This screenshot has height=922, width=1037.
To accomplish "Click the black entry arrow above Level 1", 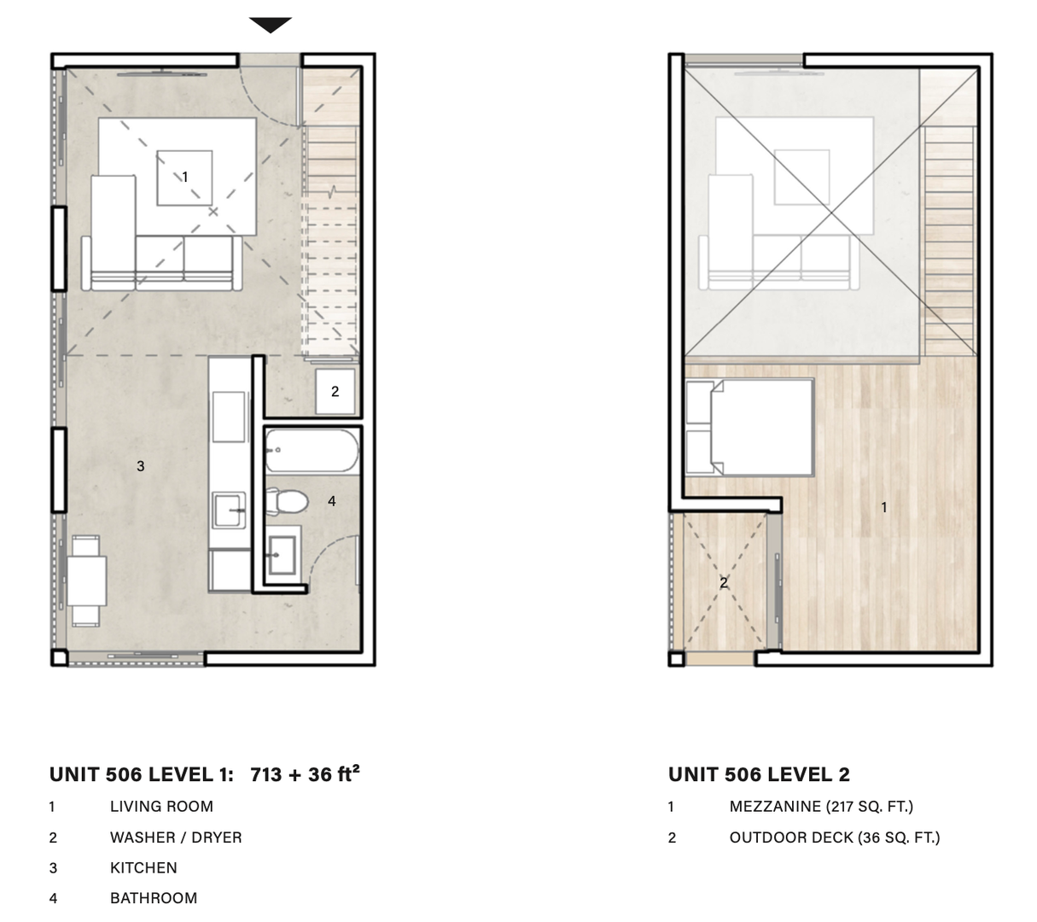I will [x=271, y=25].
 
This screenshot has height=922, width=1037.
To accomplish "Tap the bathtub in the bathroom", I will [x=312, y=451].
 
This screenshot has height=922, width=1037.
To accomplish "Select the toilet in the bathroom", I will [x=286, y=501].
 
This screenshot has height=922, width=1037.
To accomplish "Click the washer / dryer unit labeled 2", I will [x=335, y=392].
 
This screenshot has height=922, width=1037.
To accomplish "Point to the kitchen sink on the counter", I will [x=228, y=511].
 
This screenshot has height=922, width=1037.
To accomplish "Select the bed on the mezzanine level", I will [x=751, y=426].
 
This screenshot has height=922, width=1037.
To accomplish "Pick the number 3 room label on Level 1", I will [x=141, y=466].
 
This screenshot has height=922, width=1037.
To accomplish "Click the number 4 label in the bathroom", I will [x=332, y=501].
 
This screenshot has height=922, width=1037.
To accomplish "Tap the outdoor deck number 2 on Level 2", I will [x=724, y=583].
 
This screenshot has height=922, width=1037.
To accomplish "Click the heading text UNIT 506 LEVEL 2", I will [x=759, y=774].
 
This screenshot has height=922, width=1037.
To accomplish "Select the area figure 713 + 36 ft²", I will [x=305, y=773].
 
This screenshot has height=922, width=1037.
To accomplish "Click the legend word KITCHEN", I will [x=143, y=867].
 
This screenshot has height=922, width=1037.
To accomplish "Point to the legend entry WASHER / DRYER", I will [x=176, y=837].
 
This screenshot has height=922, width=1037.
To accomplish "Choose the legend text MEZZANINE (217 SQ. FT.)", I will [x=821, y=806].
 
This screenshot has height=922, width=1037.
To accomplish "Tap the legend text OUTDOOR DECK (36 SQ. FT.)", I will [x=834, y=837].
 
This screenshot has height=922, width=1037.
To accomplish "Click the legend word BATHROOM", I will [x=154, y=898].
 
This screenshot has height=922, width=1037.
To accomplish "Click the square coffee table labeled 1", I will [x=184, y=178].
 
